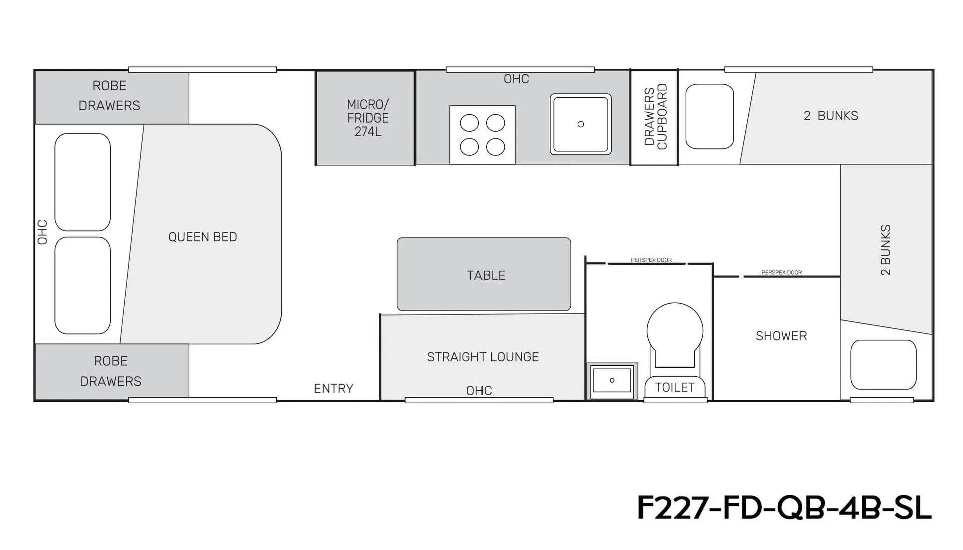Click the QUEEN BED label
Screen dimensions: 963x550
[x=203, y=237]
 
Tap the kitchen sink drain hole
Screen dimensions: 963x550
[x=581, y=124]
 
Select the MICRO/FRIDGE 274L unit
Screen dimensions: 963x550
[x=366, y=118]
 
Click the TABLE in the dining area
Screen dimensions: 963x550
[x=484, y=274]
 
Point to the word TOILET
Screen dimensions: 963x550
[x=675, y=387]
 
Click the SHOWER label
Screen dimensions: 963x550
[x=781, y=336]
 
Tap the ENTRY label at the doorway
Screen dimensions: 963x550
[x=334, y=388]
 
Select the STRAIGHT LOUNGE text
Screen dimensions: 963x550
[x=483, y=357]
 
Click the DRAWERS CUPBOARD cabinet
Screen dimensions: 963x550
[x=654, y=118]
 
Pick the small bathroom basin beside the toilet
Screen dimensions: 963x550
[x=612, y=381]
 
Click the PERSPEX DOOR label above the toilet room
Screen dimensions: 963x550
[x=651, y=260]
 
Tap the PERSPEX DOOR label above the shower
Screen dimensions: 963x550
[x=781, y=273]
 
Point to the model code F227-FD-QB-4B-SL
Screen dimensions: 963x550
[x=784, y=507]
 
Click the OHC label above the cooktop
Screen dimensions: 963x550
[x=516, y=79]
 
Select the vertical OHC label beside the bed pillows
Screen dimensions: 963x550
[x=42, y=232]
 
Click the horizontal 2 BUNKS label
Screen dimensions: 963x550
[x=831, y=116]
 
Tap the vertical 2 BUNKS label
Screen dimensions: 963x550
[x=886, y=250]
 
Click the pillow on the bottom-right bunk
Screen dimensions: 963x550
[x=883, y=364]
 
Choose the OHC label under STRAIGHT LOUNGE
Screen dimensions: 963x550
[x=479, y=390]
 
